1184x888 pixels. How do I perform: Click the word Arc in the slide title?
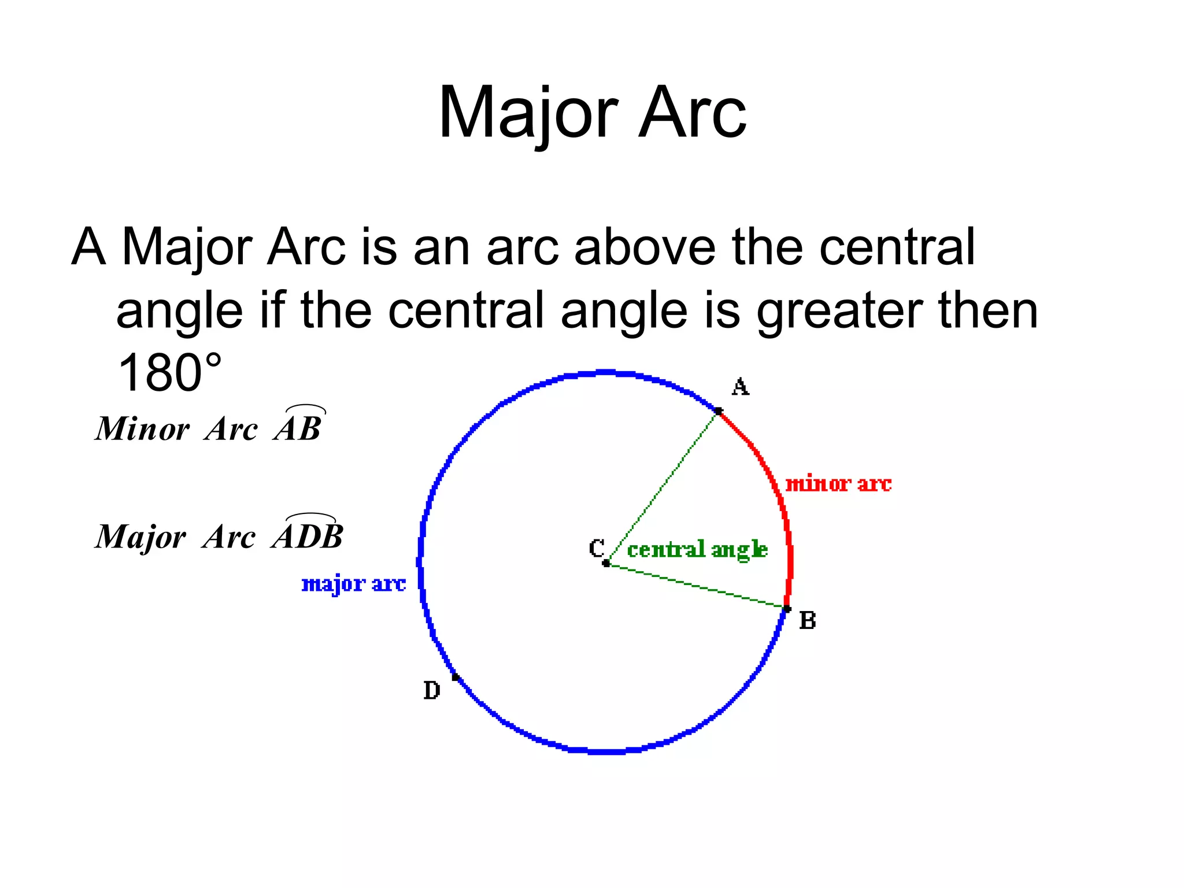pyautogui.click(x=692, y=113)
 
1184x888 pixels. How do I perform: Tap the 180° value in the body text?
pyautogui.click(x=169, y=373)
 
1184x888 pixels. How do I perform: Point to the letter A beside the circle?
pyautogui.click(x=740, y=387)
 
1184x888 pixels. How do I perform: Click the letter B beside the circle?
pyautogui.click(x=807, y=621)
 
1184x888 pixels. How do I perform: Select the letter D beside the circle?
pyautogui.click(x=431, y=690)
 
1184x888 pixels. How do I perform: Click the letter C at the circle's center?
pyautogui.click(x=597, y=547)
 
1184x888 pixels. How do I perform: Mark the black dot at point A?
pyautogui.click(x=718, y=411)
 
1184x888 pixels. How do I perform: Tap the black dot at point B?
pyautogui.click(x=786, y=609)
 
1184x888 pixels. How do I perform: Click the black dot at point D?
pyautogui.click(x=456, y=676)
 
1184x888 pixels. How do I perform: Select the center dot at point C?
pyautogui.click(x=606, y=563)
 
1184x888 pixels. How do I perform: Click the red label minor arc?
pyautogui.click(x=838, y=484)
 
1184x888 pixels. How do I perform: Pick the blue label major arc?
pyautogui.click(x=353, y=584)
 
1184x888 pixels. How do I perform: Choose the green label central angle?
pyautogui.click(x=697, y=549)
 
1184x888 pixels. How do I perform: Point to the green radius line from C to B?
pyautogui.click(x=697, y=586)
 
